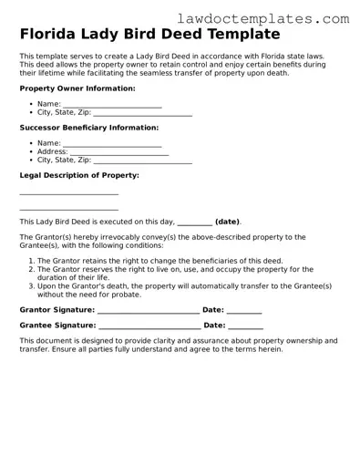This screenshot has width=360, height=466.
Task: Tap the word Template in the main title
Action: pos(238,35)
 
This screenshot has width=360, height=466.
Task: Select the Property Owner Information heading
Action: pos(77,88)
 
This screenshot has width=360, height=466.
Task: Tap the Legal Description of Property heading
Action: pos(79,174)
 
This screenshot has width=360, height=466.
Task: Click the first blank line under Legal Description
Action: pos(69,192)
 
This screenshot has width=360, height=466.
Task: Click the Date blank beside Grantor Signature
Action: pos(243,310)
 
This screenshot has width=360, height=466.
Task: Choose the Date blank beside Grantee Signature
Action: pos(245,326)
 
